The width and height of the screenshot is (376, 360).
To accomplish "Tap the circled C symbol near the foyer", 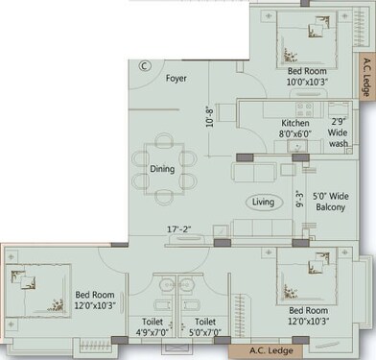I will [x=144, y=66].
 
